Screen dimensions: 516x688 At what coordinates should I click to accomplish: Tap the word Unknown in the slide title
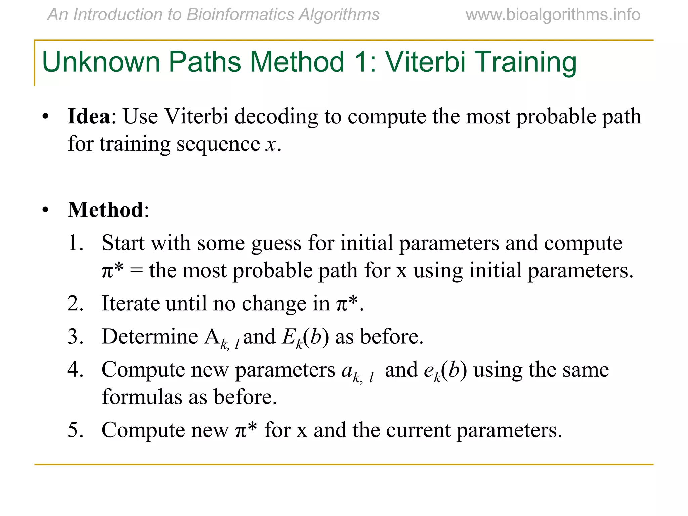pyautogui.click(x=101, y=62)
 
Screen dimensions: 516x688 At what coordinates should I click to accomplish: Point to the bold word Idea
pyautogui.click(x=89, y=117)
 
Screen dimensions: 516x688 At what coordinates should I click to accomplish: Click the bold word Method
pyautogui.click(x=105, y=210)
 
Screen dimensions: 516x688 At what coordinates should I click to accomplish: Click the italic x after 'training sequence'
pyautogui.click(x=271, y=145)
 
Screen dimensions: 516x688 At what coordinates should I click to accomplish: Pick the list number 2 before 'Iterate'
pyautogui.click(x=75, y=303)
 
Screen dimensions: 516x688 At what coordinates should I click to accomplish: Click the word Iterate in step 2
pyautogui.click(x=131, y=303)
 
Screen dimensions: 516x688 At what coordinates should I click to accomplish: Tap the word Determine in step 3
pyautogui.click(x=150, y=337)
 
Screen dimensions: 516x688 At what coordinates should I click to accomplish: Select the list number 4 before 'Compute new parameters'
pyautogui.click(x=75, y=370)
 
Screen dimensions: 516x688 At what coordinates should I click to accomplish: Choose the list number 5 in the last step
pyautogui.click(x=75, y=430)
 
